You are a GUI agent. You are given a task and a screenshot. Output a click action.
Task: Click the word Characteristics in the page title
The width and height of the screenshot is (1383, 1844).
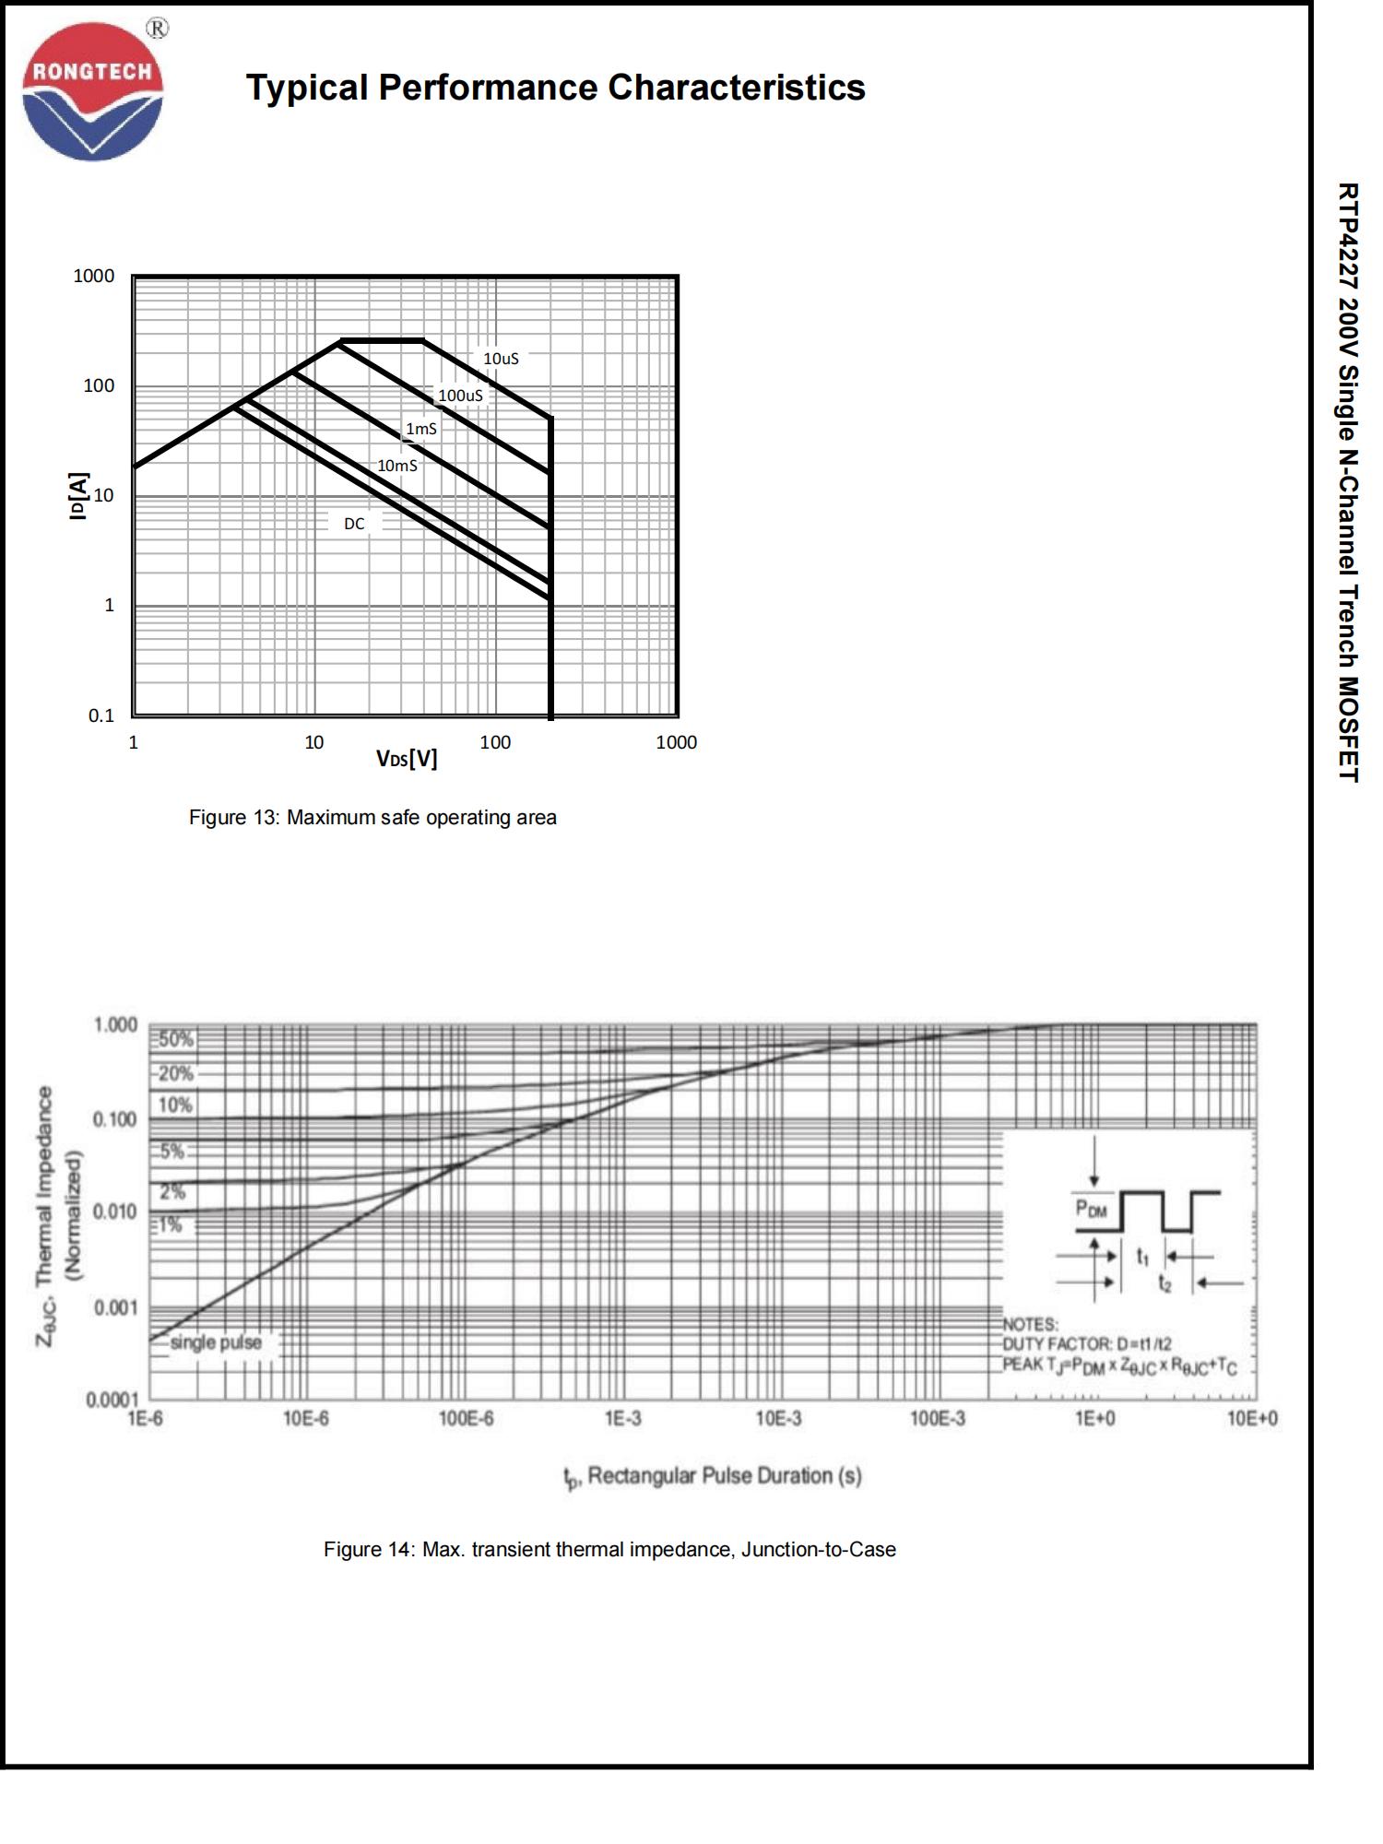[x=736, y=88]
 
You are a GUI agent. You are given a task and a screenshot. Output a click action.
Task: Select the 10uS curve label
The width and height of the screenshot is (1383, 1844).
[x=501, y=359]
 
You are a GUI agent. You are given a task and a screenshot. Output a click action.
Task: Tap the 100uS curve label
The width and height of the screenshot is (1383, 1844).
[x=460, y=396]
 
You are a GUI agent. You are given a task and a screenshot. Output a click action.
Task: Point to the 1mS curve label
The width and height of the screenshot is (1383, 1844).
[x=421, y=429]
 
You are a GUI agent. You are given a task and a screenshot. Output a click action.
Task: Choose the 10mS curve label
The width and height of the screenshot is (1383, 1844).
[x=397, y=466]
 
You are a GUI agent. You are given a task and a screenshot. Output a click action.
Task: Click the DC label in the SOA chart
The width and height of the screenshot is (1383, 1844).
[x=354, y=524]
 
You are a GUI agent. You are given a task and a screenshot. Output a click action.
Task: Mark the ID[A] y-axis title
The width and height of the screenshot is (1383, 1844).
[x=79, y=496]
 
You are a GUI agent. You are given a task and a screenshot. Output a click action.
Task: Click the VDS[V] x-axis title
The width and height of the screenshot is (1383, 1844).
[x=407, y=759]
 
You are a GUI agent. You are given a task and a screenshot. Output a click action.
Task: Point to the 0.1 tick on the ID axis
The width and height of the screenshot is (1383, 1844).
[x=101, y=715]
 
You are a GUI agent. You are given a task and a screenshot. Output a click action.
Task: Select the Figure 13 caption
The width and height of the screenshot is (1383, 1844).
[x=372, y=818]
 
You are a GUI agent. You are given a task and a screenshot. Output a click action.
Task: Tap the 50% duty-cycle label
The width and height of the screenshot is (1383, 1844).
[x=175, y=1039]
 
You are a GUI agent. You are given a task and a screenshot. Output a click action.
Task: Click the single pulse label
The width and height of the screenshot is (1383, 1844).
[x=215, y=1342]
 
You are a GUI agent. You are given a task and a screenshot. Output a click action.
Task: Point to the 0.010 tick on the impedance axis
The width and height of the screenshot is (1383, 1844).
[x=115, y=1212]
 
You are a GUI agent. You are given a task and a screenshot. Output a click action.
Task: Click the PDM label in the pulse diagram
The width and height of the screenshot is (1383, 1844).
[x=1092, y=1208]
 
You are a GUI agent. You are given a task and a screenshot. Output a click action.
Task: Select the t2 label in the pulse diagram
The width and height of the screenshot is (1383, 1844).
[x=1165, y=1283]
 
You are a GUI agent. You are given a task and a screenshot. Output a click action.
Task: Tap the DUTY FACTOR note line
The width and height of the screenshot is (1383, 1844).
[x=1087, y=1344]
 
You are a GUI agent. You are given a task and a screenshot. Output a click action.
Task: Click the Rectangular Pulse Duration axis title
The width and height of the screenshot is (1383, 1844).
[x=714, y=1476]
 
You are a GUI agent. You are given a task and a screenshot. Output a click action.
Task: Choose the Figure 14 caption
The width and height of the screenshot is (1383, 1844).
[x=609, y=1550]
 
